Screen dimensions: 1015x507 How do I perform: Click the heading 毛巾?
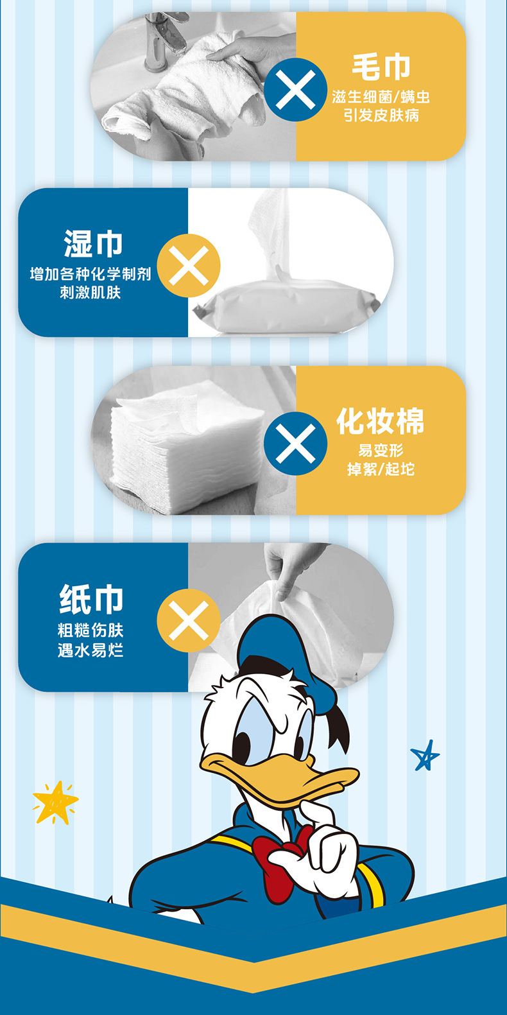(x=381, y=67)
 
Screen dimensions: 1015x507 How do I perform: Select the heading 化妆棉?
(x=381, y=422)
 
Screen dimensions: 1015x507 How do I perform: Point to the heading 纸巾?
(x=91, y=600)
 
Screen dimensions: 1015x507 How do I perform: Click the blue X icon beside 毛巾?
(x=295, y=89)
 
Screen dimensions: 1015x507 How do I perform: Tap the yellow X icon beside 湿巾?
(x=188, y=265)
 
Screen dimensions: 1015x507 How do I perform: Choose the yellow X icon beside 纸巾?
(x=188, y=621)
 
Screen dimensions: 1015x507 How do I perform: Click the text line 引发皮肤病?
(x=381, y=116)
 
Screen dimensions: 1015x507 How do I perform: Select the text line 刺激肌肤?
(x=90, y=293)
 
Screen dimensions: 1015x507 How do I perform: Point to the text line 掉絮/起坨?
(x=381, y=470)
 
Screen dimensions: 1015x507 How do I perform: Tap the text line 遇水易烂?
(x=90, y=650)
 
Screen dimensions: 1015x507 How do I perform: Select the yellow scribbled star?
(x=55, y=801)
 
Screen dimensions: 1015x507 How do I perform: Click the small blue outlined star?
(x=425, y=756)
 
